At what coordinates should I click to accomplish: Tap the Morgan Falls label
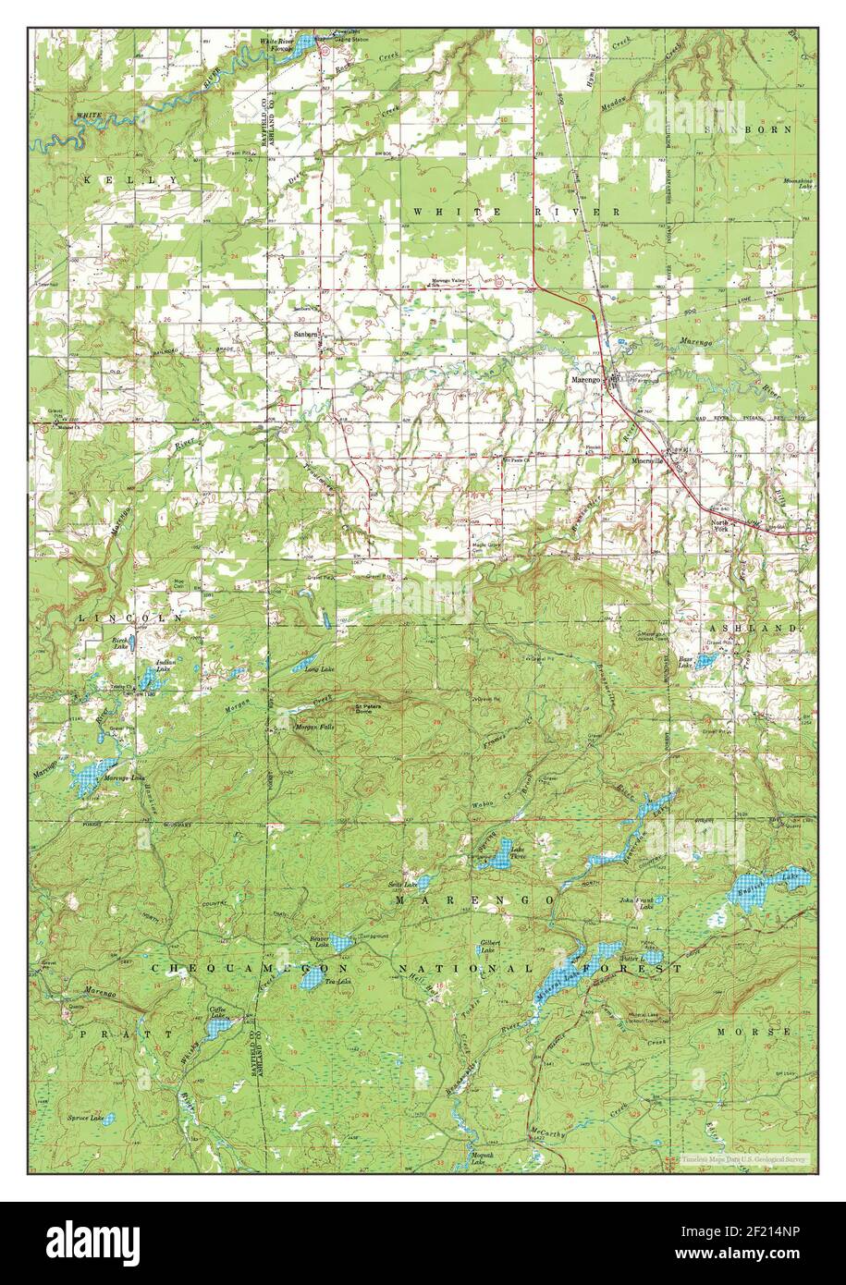tap(314, 728)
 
